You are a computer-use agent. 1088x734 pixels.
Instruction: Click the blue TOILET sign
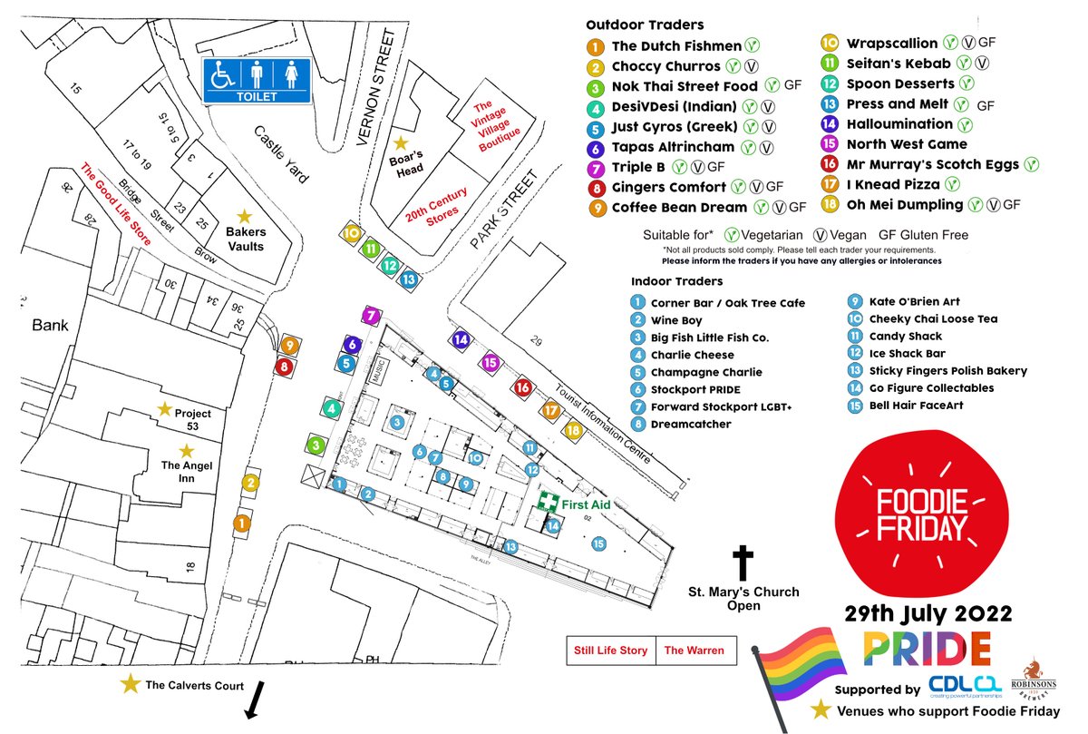pyautogui.click(x=256, y=80)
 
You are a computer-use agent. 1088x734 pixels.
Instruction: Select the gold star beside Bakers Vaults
pyautogui.click(x=244, y=217)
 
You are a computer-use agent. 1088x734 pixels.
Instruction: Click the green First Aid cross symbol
pyautogui.click(x=547, y=503)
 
